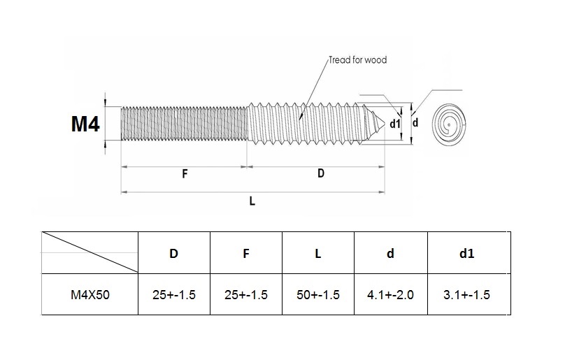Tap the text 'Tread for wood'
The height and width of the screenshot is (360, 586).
tap(357, 60)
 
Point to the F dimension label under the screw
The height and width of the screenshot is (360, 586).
tap(185, 174)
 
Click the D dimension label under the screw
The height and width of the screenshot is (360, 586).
tap(321, 173)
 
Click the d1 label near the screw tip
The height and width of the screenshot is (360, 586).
tap(395, 124)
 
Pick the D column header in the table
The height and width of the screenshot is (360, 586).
tap(173, 254)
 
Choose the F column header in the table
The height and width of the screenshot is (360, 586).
tap(246, 254)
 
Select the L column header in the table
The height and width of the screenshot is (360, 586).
tap(318, 254)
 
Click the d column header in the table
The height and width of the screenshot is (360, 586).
tap(390, 254)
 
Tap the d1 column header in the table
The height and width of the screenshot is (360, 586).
tap(466, 254)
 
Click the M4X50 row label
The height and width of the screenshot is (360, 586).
tap(90, 294)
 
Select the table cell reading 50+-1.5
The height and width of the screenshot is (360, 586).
tap(318, 294)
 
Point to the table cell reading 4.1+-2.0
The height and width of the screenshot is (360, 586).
tap(390, 294)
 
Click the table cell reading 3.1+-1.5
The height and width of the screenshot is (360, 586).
tap(466, 294)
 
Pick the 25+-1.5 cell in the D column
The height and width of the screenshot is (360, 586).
tap(174, 294)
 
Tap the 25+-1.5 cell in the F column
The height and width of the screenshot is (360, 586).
tap(246, 294)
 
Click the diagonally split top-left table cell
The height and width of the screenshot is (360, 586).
tap(90, 252)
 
